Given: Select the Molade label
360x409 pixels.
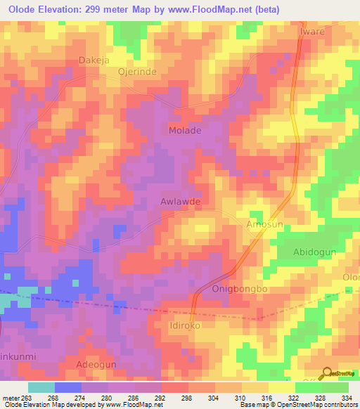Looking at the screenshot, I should [x=185, y=131].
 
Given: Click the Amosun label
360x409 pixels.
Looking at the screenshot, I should [x=264, y=223].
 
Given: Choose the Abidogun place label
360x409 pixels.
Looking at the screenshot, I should [x=316, y=252].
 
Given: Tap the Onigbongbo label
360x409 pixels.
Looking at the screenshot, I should [x=240, y=290].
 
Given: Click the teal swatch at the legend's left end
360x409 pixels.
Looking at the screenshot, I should [x=41, y=387].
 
